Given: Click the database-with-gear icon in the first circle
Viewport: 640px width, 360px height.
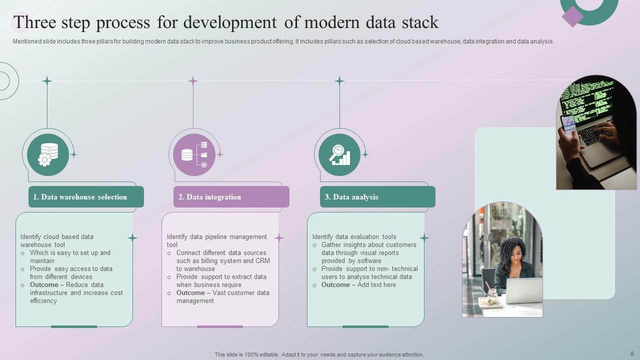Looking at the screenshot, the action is [48, 154].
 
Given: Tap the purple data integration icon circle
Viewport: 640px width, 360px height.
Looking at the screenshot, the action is [194, 154].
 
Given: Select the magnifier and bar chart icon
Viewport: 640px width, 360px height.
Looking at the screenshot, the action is [339, 154].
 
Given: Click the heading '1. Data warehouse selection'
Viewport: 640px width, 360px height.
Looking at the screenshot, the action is [80, 197].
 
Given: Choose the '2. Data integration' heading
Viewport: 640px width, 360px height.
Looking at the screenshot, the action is [209, 197].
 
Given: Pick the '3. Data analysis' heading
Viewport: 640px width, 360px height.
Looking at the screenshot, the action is [351, 197].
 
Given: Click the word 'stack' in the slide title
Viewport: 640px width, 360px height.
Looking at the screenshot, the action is [420, 22].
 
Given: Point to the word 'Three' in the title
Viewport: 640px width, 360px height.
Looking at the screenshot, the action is [34, 22].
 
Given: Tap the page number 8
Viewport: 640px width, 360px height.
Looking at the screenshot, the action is [632, 353].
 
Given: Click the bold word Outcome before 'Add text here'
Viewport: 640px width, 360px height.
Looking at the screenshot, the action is [335, 285].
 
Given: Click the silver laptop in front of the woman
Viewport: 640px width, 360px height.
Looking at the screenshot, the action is [524, 290].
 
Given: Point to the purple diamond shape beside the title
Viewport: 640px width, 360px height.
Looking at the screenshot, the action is [572, 17].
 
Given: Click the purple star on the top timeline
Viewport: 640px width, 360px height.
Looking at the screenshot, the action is [193, 81].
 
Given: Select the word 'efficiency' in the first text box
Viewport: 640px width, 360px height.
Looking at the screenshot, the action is [43, 301].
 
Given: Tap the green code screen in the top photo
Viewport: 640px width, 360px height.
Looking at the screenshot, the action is [586, 100].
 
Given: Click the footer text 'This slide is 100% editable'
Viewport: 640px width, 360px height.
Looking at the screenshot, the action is [246, 354].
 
